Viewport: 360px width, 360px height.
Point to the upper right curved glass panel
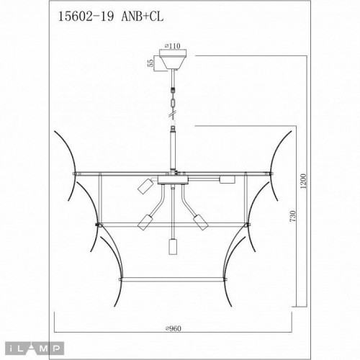279,162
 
